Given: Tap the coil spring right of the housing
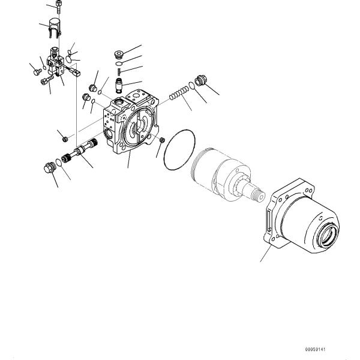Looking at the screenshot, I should [178, 94].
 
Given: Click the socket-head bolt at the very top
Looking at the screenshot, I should [58, 8].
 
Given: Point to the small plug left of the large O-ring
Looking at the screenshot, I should [160, 140].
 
